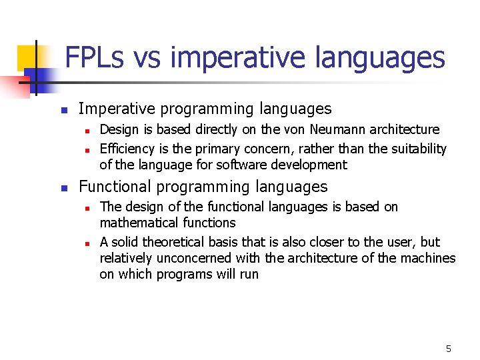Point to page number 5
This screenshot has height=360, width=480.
tap(448, 349)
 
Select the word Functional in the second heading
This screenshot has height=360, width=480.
tap(114, 187)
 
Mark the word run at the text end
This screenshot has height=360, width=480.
tap(248, 275)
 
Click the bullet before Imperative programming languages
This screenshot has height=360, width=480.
tap(63, 109)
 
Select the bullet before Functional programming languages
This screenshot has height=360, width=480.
tap(63, 188)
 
